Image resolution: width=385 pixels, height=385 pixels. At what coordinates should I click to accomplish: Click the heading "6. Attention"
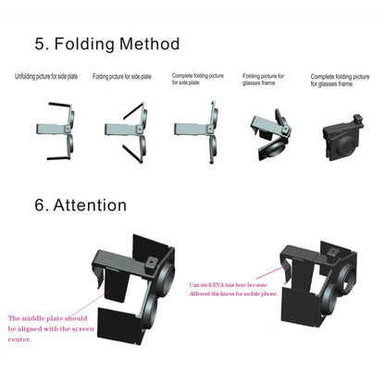click(x=81, y=205)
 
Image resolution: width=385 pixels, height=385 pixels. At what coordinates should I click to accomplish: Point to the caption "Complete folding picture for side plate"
click(x=197, y=80)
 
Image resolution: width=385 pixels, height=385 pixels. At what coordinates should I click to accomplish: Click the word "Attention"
click(x=93, y=205)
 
